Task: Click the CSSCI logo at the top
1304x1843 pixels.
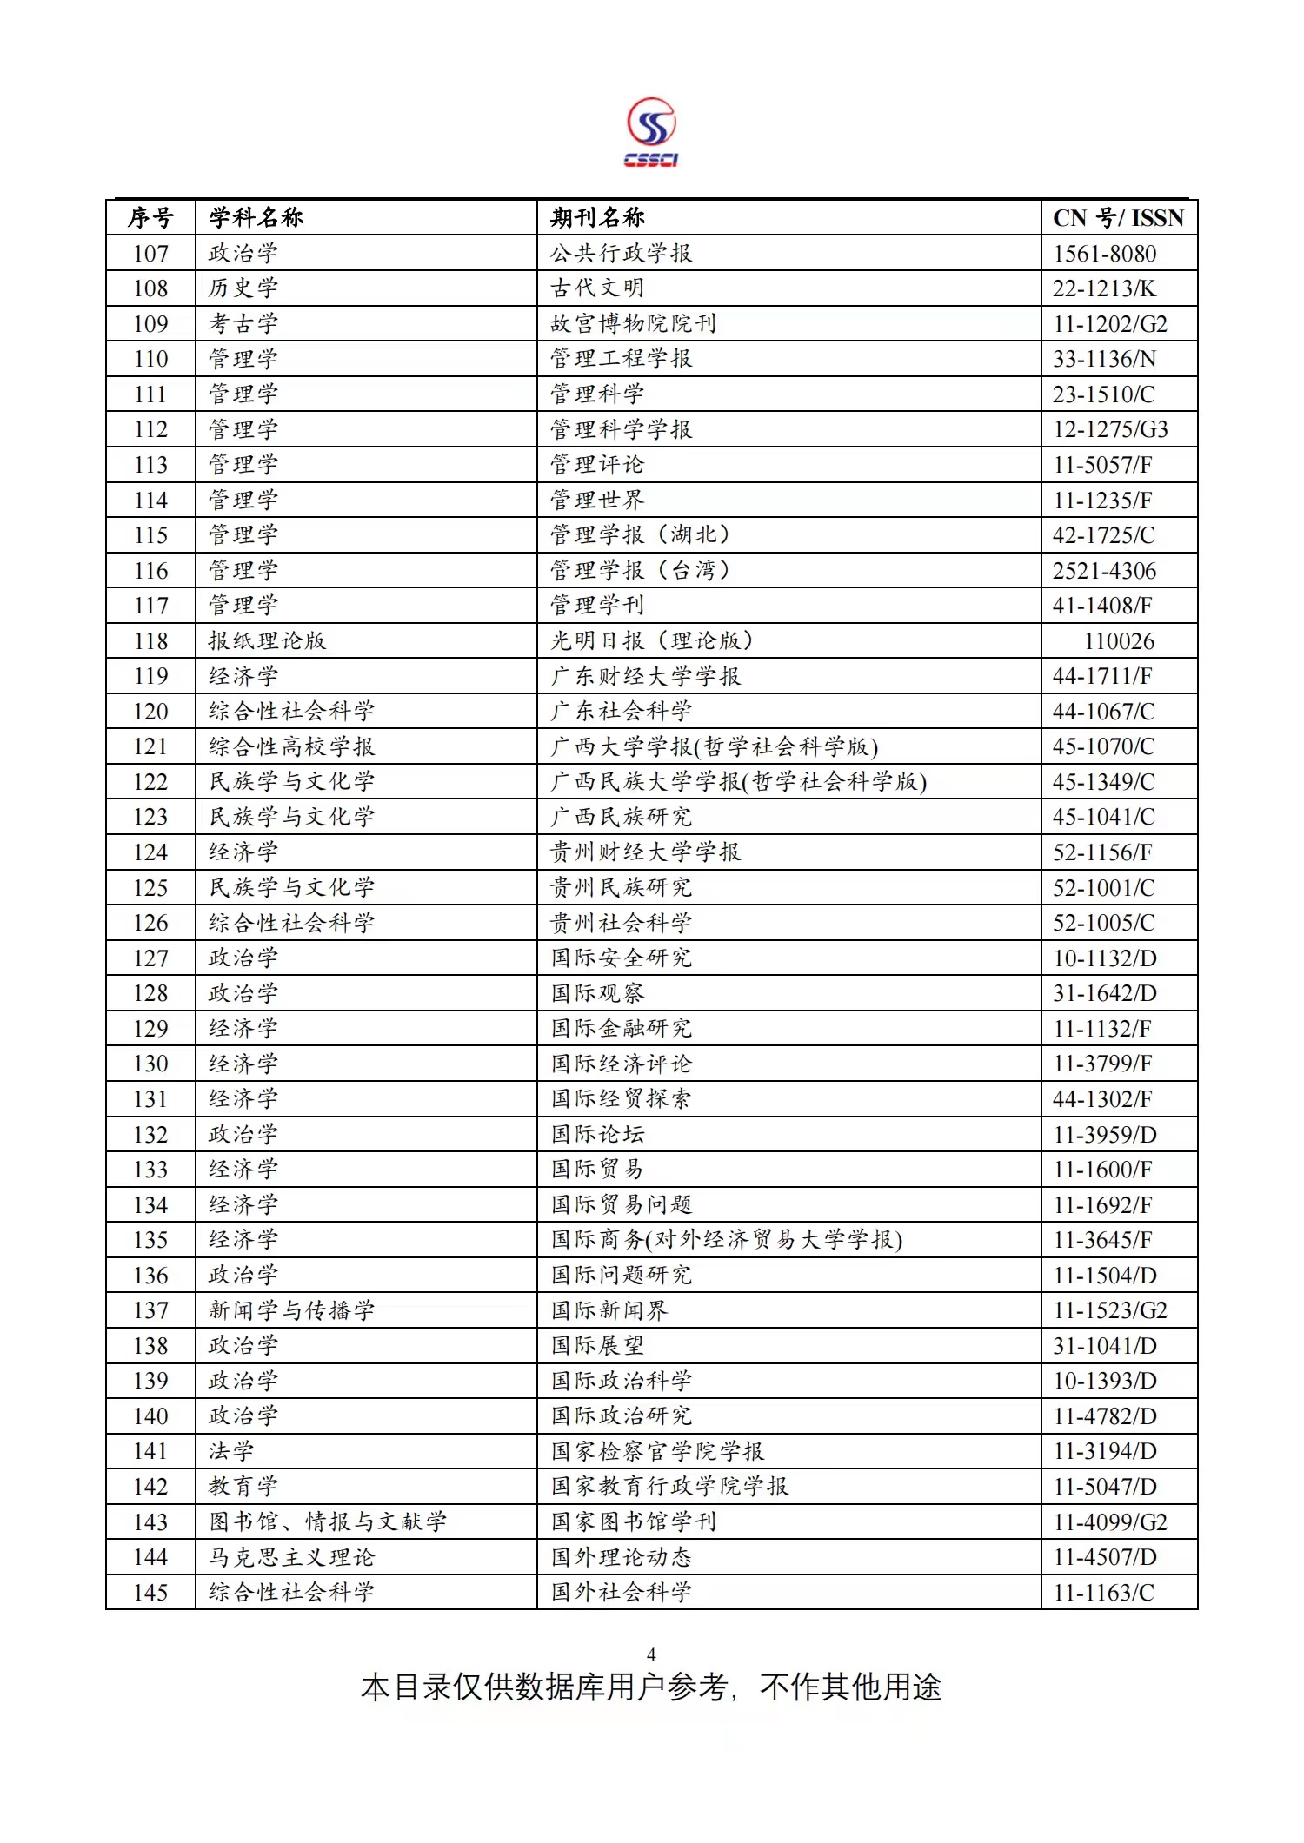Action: click(x=651, y=132)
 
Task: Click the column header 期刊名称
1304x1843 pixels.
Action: click(x=597, y=217)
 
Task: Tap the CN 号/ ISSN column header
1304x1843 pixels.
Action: click(x=1118, y=218)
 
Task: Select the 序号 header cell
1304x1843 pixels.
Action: click(x=150, y=218)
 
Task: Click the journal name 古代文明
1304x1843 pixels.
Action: click(x=597, y=288)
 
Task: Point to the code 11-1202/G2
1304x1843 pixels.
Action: click(x=1110, y=324)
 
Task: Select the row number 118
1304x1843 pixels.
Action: click(x=150, y=641)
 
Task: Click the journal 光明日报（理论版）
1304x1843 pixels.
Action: click(x=651, y=641)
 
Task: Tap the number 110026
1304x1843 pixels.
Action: click(x=1119, y=641)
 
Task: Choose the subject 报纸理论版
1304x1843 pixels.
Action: click(x=267, y=641)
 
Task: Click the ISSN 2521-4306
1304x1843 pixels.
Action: click(x=1104, y=571)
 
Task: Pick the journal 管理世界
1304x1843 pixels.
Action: click(x=597, y=501)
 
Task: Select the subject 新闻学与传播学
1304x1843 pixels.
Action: click(x=291, y=1310)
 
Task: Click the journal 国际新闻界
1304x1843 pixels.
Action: click(x=609, y=1310)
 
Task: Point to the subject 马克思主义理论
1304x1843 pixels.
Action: click(x=291, y=1557)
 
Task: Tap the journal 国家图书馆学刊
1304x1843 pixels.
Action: click(x=634, y=1522)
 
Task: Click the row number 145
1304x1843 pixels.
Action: click(x=150, y=1593)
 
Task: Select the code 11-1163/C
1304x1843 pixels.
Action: click(x=1104, y=1593)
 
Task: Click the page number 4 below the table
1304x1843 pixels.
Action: click(x=651, y=1655)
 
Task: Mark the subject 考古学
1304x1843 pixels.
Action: click(x=243, y=324)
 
